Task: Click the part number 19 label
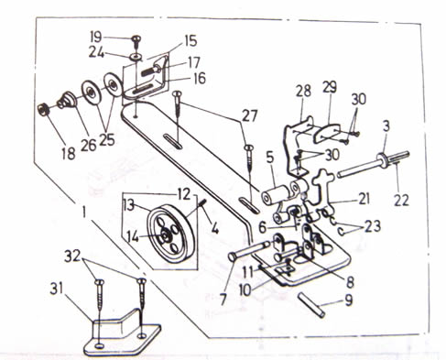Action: pyautogui.click(x=96, y=37)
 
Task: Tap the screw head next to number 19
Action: pyautogui.click(x=136, y=38)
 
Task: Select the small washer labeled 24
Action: pyautogui.click(x=136, y=57)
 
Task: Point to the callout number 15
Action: pyautogui.click(x=190, y=41)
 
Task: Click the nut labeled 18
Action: pyautogui.click(x=43, y=109)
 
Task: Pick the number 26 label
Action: pyautogui.click(x=89, y=145)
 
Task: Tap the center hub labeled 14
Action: pyautogui.click(x=165, y=235)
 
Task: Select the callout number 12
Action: pyautogui.click(x=184, y=194)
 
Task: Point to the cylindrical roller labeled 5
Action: pyautogui.click(x=274, y=195)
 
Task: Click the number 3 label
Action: pyautogui.click(x=386, y=125)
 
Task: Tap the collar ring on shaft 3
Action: pyautogui.click(x=383, y=158)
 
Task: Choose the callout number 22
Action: pyautogui.click(x=401, y=201)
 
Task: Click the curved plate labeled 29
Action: pyautogui.click(x=326, y=134)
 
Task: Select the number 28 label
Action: pyautogui.click(x=303, y=91)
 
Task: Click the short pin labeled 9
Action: pyautogui.click(x=310, y=305)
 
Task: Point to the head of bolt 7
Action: pyautogui.click(x=233, y=256)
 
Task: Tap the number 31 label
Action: pyautogui.click(x=56, y=289)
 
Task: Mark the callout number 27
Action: pyautogui.click(x=250, y=116)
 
